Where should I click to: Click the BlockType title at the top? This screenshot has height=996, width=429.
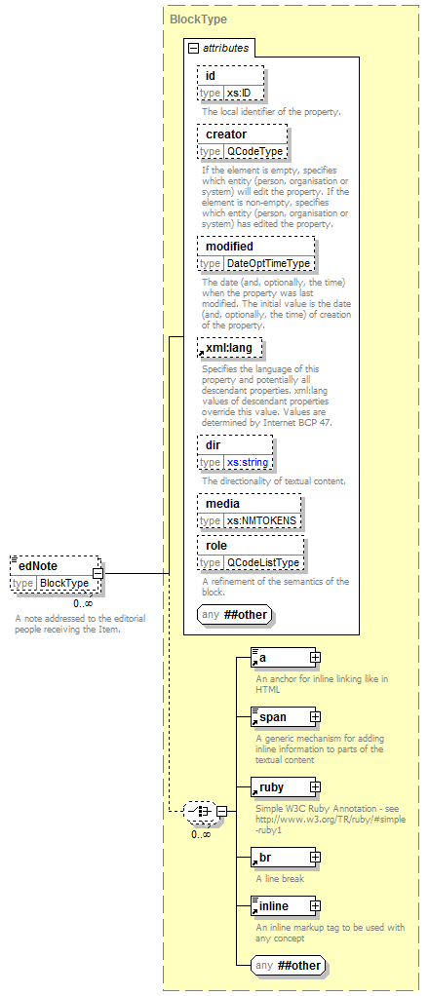point(198,19)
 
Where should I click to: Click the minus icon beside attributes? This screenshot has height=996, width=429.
point(194,49)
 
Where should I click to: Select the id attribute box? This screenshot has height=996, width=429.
point(230,84)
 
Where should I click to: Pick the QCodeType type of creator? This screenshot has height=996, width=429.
point(254,151)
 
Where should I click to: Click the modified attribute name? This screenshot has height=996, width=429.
point(229,246)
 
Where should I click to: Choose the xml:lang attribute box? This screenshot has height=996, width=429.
point(229,348)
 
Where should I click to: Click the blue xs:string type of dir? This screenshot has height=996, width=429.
point(248,462)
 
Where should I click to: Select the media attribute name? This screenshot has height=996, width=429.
point(222,504)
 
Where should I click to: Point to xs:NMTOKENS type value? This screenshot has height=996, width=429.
point(262,520)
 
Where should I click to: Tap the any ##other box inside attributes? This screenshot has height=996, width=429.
point(235,614)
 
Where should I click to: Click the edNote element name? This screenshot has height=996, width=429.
point(38,566)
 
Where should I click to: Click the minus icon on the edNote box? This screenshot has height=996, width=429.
point(97,574)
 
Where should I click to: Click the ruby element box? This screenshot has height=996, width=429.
point(283,787)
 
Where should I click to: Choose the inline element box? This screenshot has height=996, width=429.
point(283,906)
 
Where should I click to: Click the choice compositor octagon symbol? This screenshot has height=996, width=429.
point(200,811)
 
